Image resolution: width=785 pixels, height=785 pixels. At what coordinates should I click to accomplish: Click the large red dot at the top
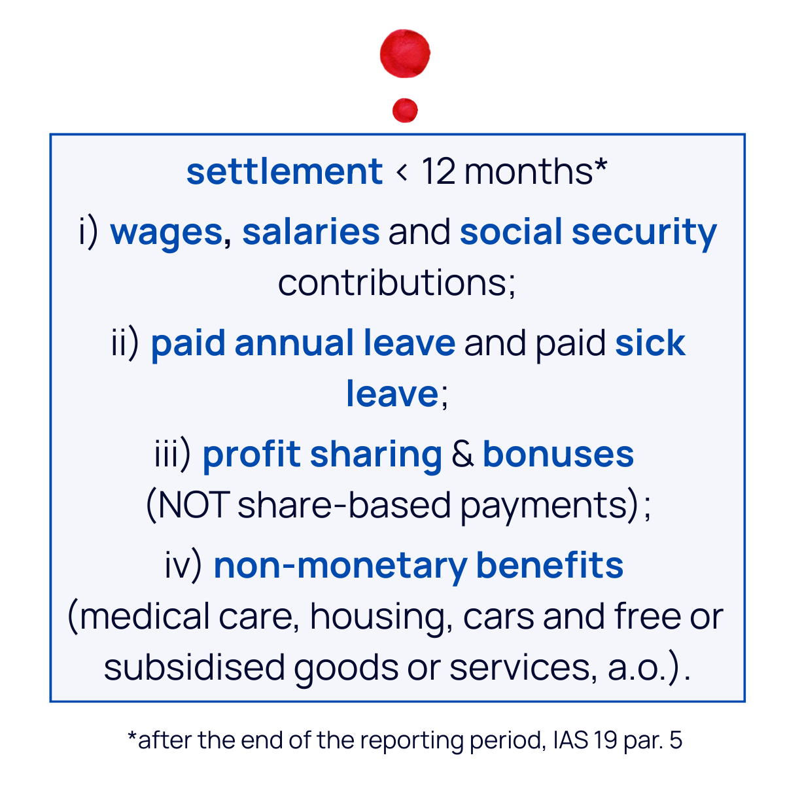[405, 54]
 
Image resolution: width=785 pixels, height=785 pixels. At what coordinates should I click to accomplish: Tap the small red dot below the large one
[405, 110]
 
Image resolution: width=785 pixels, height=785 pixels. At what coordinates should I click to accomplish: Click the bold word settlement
[284, 171]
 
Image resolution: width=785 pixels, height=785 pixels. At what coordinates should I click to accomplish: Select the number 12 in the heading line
[438, 171]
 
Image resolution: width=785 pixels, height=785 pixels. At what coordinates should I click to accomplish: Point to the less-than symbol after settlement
[402, 173]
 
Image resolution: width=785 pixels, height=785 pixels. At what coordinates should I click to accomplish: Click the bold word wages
[166, 233]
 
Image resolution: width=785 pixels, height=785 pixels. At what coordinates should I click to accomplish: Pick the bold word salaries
[311, 232]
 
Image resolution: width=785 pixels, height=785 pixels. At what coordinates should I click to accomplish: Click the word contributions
[396, 283]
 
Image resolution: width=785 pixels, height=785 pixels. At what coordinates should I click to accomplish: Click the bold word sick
[650, 343]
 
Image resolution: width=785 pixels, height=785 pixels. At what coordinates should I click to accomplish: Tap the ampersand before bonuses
[462, 455]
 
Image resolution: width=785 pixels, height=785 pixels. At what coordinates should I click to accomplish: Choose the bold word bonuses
[558, 455]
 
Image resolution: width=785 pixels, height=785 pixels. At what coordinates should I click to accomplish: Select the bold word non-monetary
[340, 566]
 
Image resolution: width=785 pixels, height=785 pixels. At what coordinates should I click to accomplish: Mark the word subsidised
[194, 667]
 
